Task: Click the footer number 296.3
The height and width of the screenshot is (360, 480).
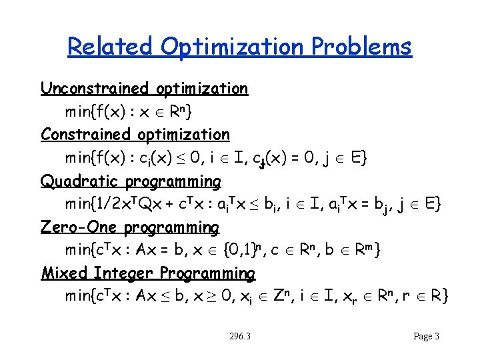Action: (x=239, y=337)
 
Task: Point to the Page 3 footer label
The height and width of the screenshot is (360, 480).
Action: (x=426, y=337)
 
